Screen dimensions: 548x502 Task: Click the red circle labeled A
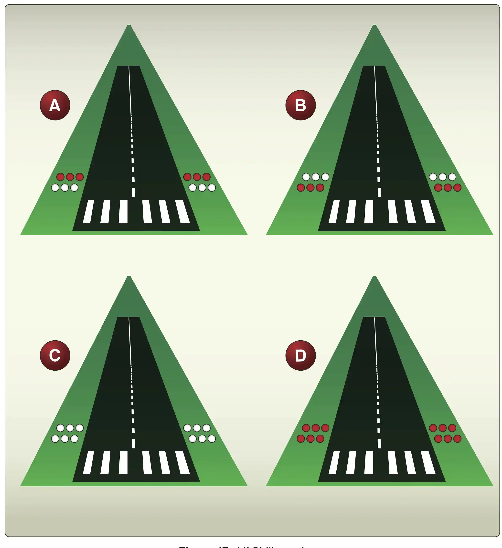55,105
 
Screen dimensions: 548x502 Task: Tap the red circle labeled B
300,105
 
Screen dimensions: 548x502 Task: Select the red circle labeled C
55,355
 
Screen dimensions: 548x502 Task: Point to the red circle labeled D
300,355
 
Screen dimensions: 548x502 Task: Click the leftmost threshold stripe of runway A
88,212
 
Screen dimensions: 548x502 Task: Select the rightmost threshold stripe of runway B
428,212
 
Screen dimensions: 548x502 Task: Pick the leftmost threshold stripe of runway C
88,462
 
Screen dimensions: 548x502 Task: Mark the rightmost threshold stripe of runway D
428,462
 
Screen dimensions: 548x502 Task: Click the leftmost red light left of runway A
60,177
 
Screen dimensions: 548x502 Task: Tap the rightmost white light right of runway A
212,188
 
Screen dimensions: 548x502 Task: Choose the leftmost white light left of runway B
306,177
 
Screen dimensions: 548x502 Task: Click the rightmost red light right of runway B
457,188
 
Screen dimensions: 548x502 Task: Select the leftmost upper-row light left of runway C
60,428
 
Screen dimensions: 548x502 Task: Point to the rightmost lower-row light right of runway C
212,438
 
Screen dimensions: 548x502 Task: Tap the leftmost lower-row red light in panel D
301,438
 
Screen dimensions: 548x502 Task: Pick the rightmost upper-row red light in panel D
452,428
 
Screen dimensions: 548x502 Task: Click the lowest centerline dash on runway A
133,193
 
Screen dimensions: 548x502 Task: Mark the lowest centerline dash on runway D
379,443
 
